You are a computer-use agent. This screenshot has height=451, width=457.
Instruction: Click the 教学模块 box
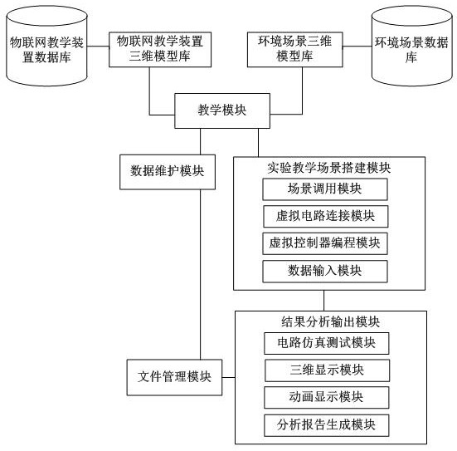tap(222, 110)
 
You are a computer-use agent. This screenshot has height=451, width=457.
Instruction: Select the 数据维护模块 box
tap(168, 172)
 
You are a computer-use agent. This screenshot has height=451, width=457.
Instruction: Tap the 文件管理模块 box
tap(174, 377)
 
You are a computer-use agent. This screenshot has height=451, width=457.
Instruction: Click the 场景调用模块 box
tap(325, 189)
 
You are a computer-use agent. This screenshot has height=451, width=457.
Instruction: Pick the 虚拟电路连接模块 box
tap(326, 216)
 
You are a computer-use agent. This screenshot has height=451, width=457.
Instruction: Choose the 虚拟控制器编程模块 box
tap(325, 243)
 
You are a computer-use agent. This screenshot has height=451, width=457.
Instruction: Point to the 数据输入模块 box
tap(325, 272)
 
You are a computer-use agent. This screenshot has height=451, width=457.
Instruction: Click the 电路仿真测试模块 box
tap(327, 343)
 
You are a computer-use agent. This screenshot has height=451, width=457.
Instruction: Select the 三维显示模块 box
tap(327, 370)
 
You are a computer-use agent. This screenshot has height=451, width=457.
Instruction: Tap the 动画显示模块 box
tap(327, 397)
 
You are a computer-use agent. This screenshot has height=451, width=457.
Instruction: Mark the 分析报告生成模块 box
tap(327, 425)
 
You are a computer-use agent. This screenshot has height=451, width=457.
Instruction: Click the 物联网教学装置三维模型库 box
tap(160, 50)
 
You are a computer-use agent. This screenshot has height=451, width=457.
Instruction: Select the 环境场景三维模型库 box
tap(295, 50)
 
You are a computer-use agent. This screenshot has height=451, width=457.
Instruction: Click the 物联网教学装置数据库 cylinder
tap(46, 47)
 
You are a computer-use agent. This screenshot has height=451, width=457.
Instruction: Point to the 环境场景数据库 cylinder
tap(412, 47)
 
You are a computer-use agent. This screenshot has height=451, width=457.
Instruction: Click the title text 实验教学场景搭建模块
tap(329, 168)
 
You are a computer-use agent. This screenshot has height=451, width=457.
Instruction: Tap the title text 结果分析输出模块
tap(330, 322)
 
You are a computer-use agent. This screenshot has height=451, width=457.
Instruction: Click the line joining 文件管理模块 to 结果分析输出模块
tap(229, 377)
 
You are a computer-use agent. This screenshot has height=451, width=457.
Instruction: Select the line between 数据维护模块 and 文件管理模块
tap(200, 274)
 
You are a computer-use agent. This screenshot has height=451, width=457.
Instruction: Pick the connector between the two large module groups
tap(323, 301)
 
